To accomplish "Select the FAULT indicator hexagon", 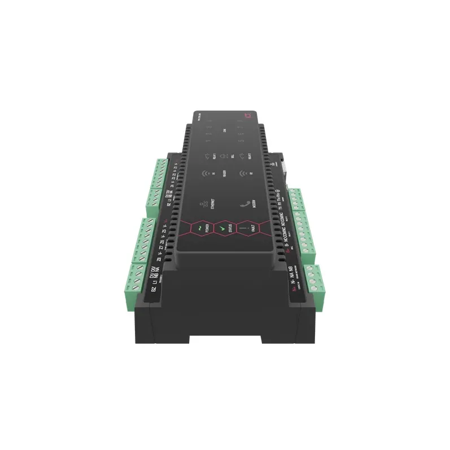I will point(246,227).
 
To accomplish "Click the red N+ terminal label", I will point(294,289).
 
